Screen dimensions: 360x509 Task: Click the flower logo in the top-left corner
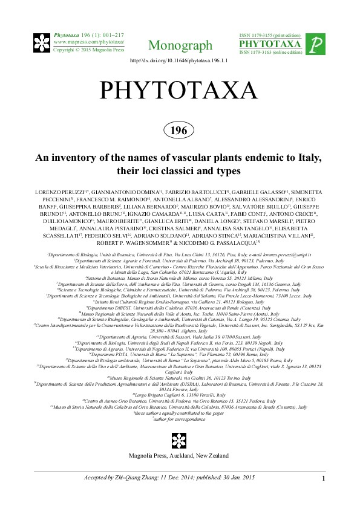[x=44, y=44]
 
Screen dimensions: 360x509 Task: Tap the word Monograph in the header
[x=180, y=45]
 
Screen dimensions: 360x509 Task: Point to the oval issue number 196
[x=179, y=129]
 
